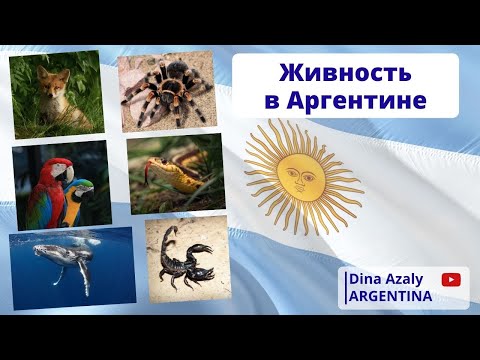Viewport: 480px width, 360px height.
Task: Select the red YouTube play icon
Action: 449,283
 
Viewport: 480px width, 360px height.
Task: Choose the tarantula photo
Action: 165,92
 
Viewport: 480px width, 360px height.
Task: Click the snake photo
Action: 176,174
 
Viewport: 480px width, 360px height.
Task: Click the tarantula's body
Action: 167,88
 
